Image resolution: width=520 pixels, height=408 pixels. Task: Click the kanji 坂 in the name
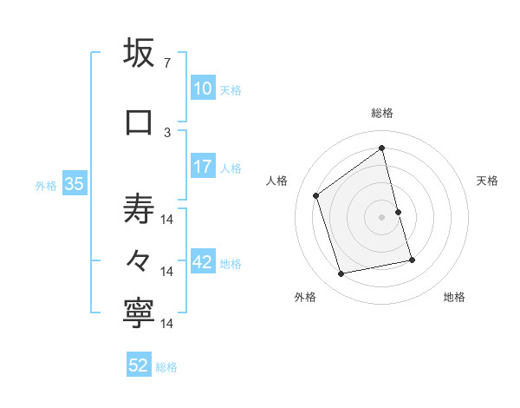[140, 54]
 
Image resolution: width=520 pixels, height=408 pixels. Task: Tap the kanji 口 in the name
[140, 122]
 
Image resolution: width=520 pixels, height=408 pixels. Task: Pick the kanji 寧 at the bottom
[140, 314]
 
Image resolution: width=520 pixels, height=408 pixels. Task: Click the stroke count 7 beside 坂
[167, 63]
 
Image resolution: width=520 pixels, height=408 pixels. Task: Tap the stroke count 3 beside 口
[167, 132]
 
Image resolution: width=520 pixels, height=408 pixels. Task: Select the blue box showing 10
[203, 89]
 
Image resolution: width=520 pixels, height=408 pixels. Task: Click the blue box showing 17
[203, 167]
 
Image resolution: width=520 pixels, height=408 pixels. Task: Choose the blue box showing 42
[203, 262]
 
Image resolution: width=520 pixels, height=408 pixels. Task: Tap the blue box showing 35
[74, 184]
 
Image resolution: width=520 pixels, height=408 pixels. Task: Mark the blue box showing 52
[139, 365]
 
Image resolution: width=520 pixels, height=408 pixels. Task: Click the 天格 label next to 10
[231, 89]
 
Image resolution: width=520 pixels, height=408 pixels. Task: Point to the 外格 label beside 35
[46, 185]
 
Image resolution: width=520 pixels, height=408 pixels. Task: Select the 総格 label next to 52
[166, 366]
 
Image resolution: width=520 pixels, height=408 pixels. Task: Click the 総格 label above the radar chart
[382, 113]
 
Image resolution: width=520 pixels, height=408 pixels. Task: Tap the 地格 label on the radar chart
[454, 297]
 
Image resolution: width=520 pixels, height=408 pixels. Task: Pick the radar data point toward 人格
[316, 196]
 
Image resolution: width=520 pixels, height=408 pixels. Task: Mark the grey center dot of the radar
[382, 217]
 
